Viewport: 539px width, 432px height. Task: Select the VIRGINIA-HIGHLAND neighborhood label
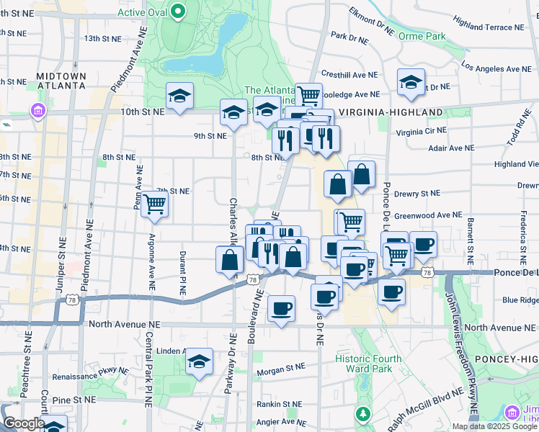tap(390, 112)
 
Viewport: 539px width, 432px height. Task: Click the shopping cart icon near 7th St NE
tap(155, 204)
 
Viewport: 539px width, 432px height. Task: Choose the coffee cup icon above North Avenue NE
tap(281, 309)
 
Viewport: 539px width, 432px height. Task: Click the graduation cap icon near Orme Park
tap(411, 84)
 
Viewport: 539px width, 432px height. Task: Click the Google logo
tap(23, 423)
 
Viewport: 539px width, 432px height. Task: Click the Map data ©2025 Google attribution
tap(494, 426)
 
